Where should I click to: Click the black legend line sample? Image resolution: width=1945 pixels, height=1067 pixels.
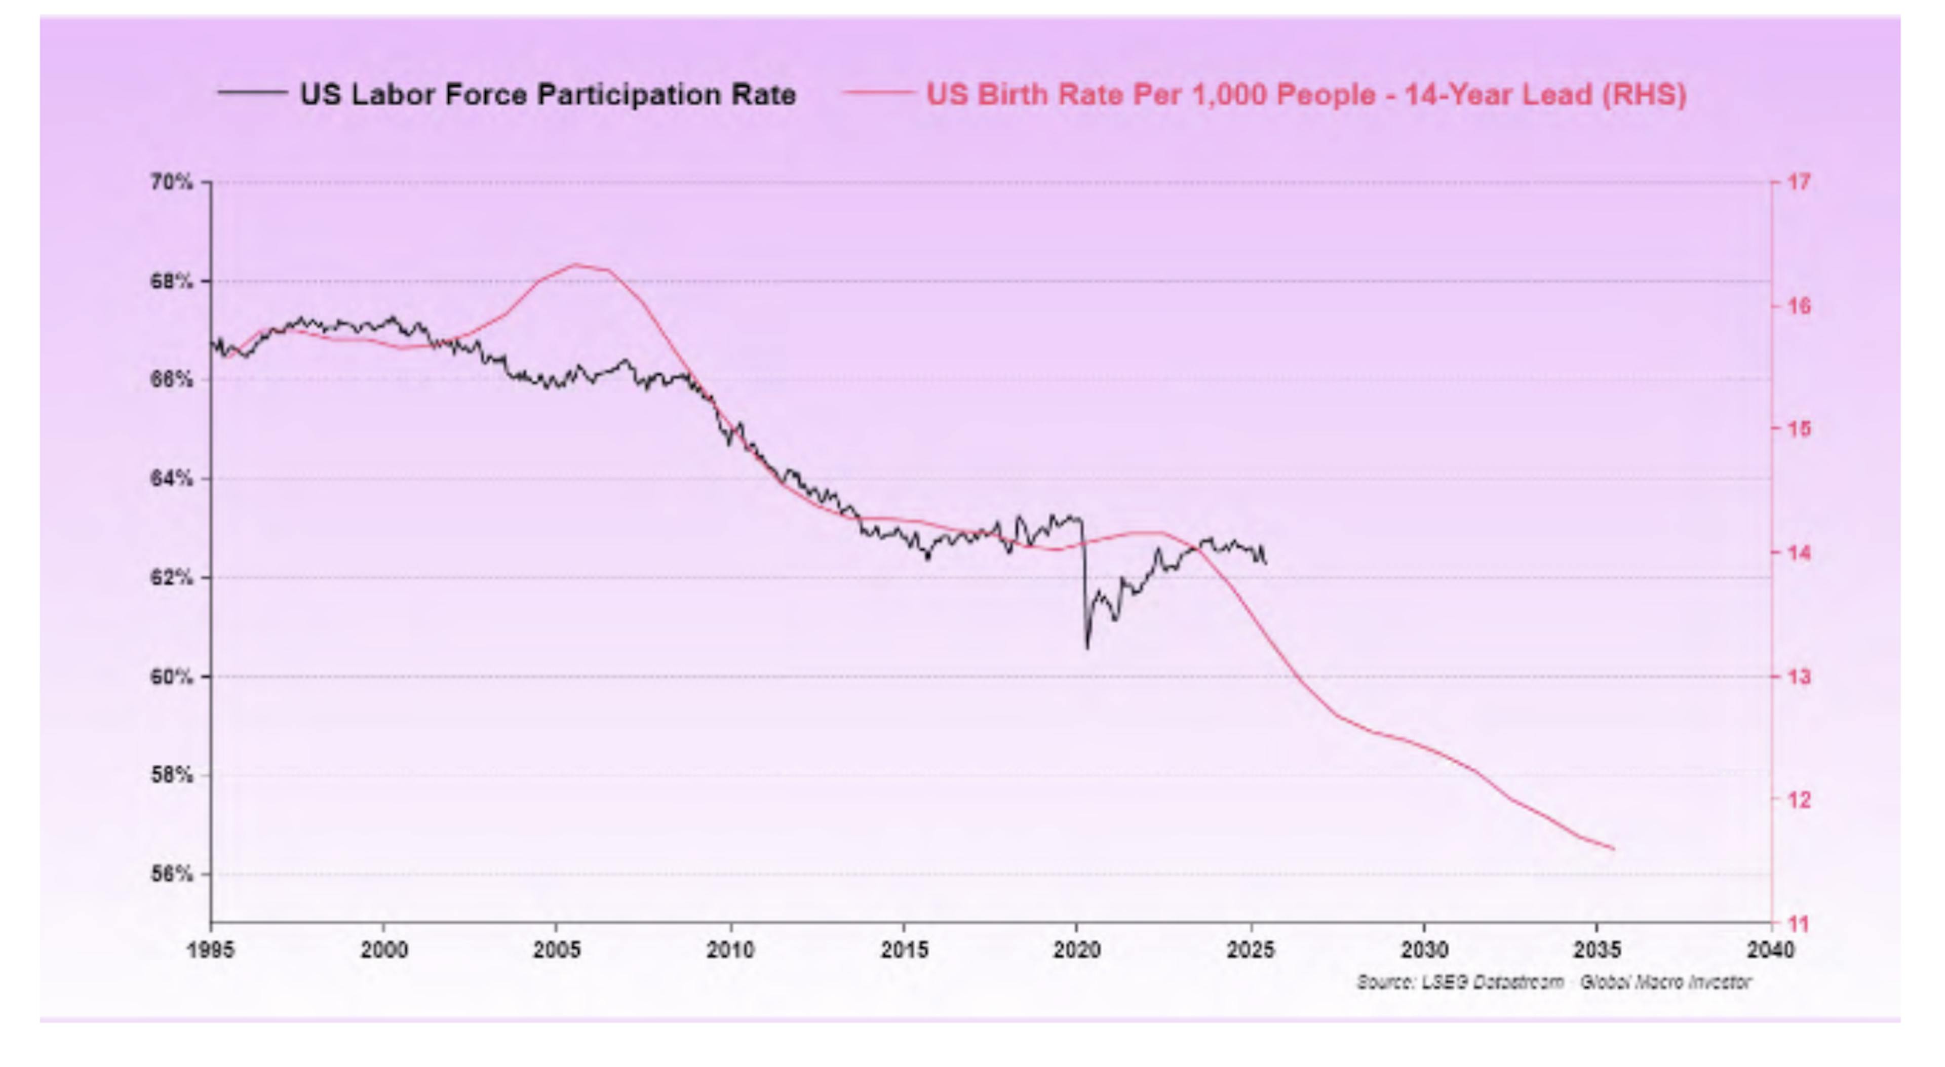[x=252, y=93]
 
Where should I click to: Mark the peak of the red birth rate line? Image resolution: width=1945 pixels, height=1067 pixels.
[x=575, y=264]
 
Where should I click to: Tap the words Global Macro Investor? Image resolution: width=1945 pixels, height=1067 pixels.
[x=1665, y=981]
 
